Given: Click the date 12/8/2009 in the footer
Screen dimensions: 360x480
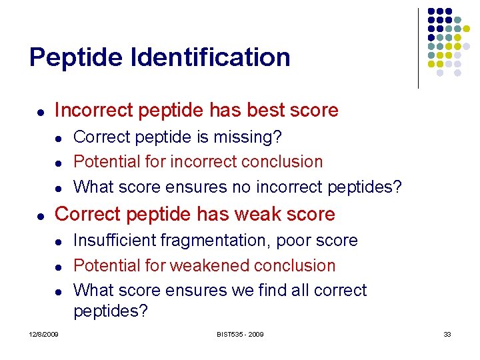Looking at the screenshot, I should click(43, 334).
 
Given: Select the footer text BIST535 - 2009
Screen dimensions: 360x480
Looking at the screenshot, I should click(239, 334).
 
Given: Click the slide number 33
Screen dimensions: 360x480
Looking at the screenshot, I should click(447, 334).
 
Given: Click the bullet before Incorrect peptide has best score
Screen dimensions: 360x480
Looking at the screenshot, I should click(41, 111).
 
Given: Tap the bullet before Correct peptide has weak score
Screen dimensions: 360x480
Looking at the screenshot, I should click(41, 215).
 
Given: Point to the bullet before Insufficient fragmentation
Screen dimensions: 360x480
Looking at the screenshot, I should click(59, 241).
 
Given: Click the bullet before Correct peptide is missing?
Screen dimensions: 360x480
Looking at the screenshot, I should click(59, 139).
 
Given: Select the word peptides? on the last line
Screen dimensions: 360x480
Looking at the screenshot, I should click(111, 311).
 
